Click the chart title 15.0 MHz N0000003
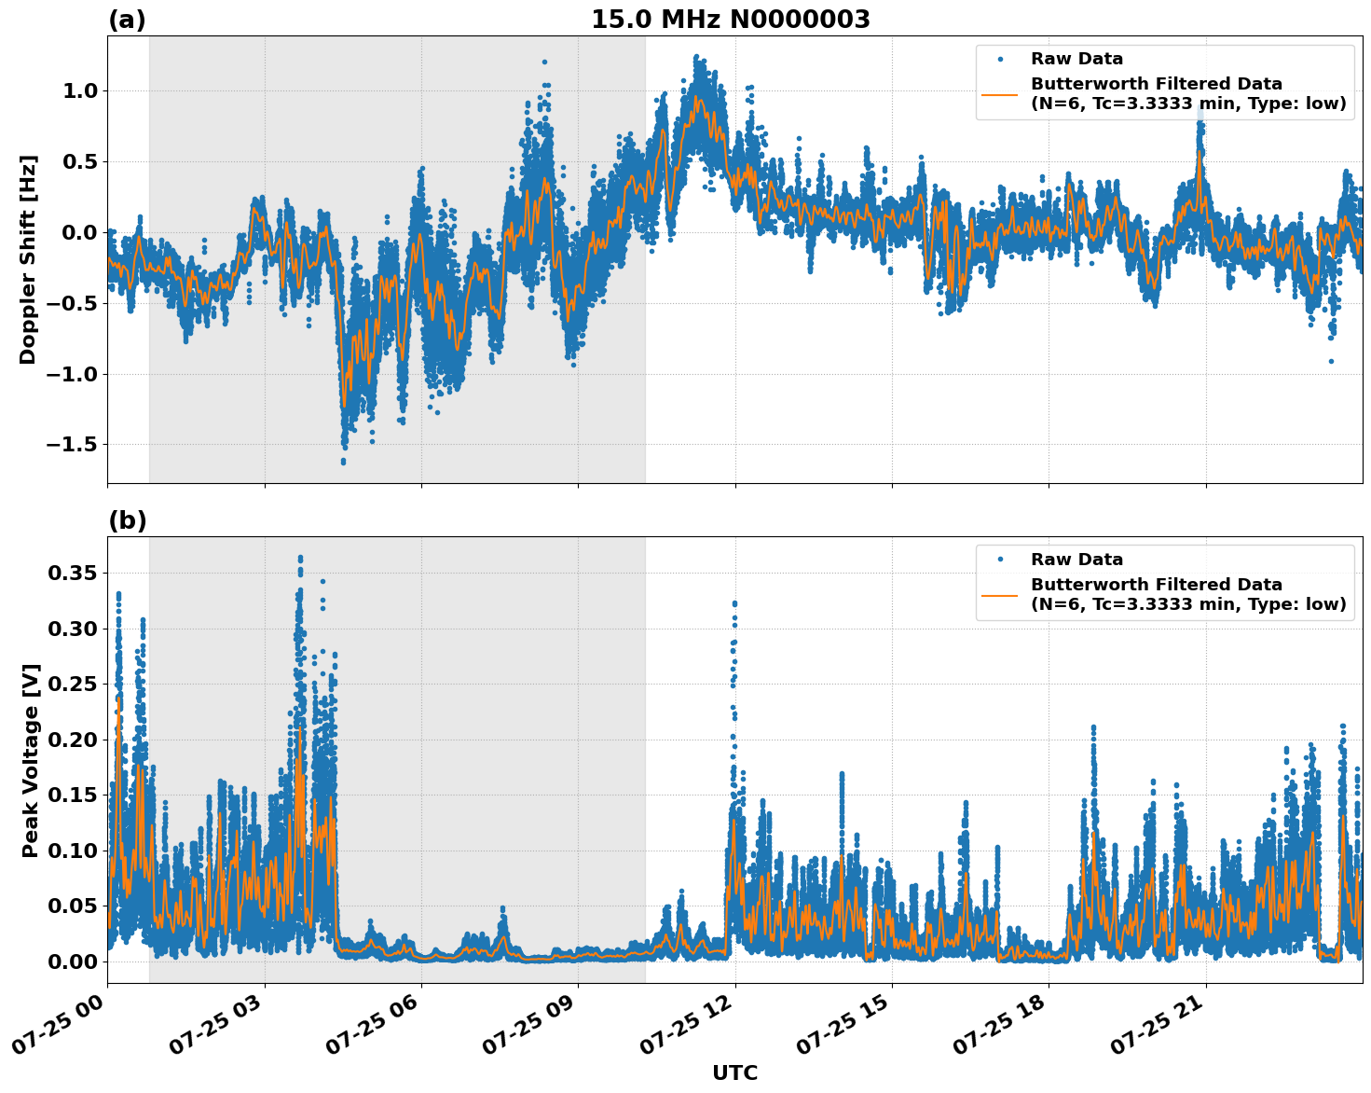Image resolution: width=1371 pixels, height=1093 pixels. [x=730, y=20]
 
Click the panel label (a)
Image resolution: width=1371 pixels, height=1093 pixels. [x=127, y=20]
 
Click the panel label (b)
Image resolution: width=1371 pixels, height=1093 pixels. [x=127, y=520]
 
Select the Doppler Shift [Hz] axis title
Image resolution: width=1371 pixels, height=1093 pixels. [x=28, y=259]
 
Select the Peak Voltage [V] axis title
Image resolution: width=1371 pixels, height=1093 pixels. [x=31, y=760]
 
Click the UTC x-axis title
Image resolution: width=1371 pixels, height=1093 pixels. [x=734, y=1072]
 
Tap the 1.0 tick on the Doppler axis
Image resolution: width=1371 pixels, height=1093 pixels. [x=79, y=91]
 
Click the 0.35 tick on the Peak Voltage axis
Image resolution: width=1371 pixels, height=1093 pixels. [x=72, y=573]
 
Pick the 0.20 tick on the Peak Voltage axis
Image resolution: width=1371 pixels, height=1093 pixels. [x=72, y=740]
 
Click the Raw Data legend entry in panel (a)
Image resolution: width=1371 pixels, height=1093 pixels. [x=1076, y=59]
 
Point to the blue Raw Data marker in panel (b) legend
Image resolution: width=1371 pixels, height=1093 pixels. [x=1000, y=560]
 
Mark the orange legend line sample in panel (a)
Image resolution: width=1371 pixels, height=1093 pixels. [x=1000, y=93]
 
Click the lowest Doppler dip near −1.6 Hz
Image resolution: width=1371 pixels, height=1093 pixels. [x=343, y=461]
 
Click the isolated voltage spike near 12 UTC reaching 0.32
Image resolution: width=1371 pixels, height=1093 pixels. [x=734, y=604]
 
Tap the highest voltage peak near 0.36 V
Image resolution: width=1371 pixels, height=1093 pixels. [x=300, y=559]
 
